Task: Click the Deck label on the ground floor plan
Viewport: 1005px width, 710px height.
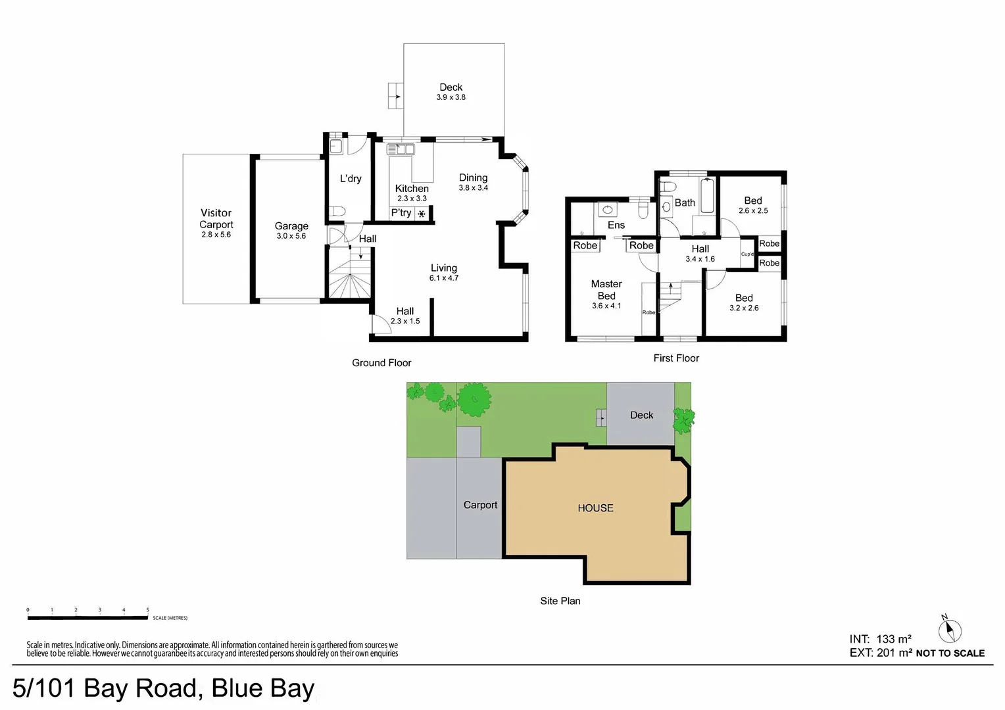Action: tap(451, 87)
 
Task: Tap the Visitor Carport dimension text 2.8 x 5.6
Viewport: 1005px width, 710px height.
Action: tap(216, 235)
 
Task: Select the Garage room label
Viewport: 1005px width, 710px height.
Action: tap(291, 225)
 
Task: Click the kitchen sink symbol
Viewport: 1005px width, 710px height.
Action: tap(401, 150)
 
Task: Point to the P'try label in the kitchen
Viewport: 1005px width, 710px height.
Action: tap(401, 213)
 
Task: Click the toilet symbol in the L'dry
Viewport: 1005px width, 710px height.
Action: tap(337, 211)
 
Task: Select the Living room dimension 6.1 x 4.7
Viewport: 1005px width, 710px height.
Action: tap(444, 278)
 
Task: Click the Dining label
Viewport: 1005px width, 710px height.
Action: tap(473, 177)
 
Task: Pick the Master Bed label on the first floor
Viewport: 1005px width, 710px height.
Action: tap(606, 290)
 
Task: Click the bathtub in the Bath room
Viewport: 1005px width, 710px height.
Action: tap(707, 196)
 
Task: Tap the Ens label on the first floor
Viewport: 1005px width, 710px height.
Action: tap(616, 225)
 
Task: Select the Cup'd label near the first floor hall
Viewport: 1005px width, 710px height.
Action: tap(747, 254)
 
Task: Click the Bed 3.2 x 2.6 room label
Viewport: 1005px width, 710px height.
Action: tap(744, 298)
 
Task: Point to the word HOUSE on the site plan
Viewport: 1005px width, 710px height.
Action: tap(595, 508)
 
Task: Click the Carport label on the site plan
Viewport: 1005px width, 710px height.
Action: tap(480, 505)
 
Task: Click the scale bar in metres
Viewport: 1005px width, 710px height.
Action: tap(87, 617)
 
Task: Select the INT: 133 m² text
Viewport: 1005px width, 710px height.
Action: tap(880, 639)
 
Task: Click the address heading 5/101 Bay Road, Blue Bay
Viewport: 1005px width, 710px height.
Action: tap(163, 688)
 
